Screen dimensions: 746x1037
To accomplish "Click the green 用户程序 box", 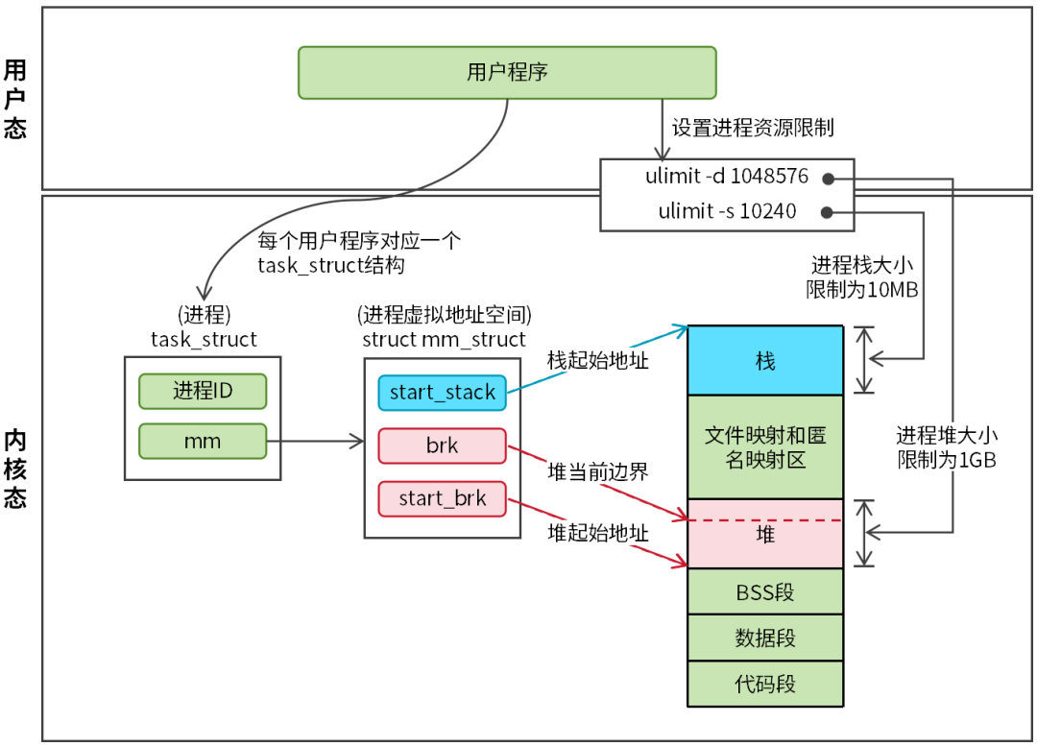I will [x=507, y=73].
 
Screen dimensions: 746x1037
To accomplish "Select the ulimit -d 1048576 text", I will [x=727, y=178].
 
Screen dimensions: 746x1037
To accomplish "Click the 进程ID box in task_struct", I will [x=203, y=391].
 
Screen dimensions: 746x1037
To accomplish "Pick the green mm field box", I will [x=203, y=442].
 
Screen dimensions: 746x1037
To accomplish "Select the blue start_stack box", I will [x=442, y=392].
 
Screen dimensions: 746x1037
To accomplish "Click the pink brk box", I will [x=442, y=445].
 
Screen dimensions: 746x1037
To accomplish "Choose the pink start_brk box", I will [x=442, y=498].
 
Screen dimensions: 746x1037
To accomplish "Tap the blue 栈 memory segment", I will [x=765, y=361].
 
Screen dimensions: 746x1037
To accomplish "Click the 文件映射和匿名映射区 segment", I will [x=765, y=446].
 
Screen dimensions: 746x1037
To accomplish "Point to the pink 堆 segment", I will [x=765, y=535].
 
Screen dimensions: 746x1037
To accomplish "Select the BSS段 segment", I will [x=765, y=591].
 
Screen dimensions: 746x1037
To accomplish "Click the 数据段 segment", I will [x=765, y=638].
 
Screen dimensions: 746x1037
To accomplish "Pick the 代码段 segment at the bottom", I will [x=765, y=685].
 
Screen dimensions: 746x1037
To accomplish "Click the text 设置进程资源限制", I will [x=752, y=128].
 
